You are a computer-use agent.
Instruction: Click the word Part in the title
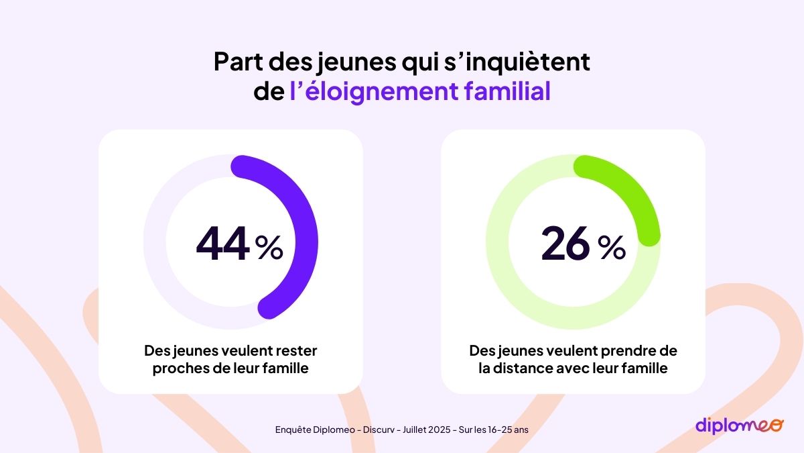(x=237, y=62)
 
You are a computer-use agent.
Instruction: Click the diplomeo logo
(x=738, y=425)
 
